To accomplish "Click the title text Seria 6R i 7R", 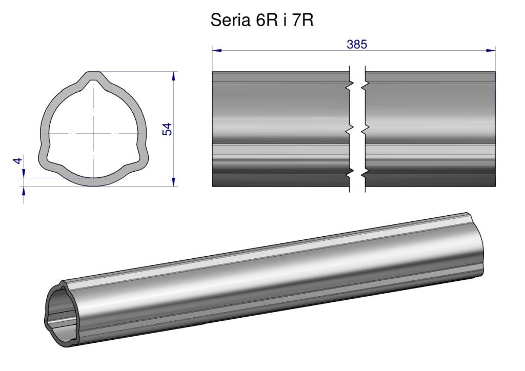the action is point(262,20).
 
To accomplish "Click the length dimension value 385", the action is point(357,44).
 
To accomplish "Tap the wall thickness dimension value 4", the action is point(18,160).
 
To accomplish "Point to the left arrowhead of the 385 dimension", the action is point(217,51).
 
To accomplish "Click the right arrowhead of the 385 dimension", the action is point(491,51).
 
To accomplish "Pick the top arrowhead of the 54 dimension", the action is point(173,76).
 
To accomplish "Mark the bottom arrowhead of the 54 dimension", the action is point(173,181).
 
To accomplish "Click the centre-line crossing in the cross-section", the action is point(93,134).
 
